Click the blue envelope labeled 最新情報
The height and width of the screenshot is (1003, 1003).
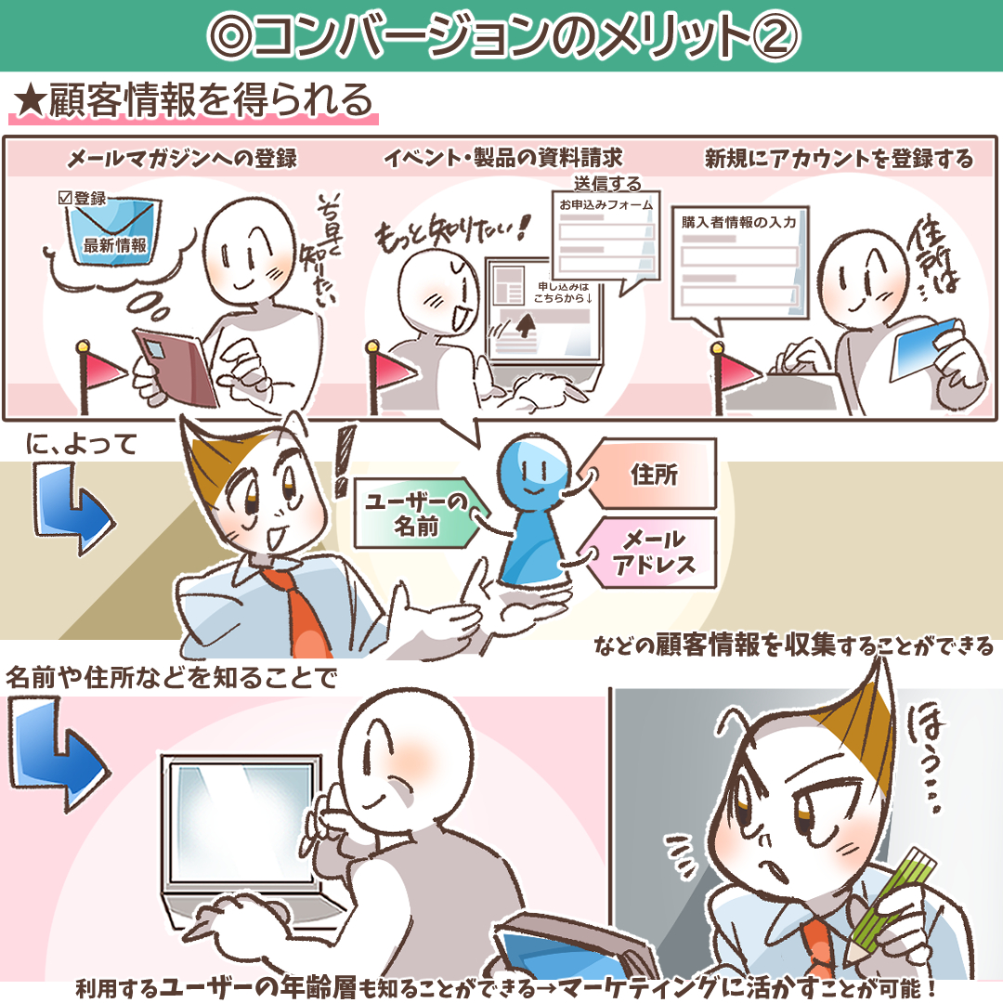click(114, 231)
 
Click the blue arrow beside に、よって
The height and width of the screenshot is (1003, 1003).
click(73, 509)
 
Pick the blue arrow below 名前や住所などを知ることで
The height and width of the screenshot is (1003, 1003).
click(59, 755)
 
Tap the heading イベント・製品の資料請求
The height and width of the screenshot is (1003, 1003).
click(503, 157)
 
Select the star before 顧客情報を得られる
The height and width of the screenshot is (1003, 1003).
click(30, 102)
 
